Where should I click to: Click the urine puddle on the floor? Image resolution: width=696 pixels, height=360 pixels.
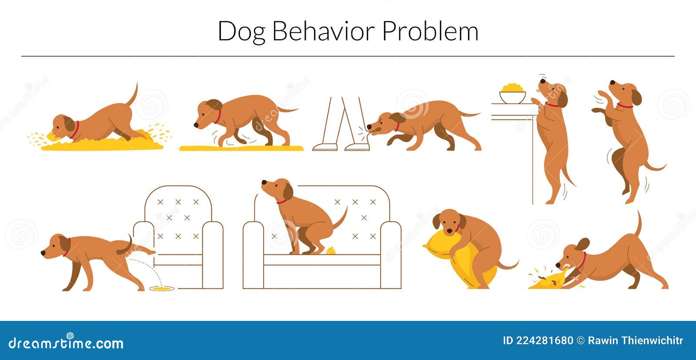pos(161,288)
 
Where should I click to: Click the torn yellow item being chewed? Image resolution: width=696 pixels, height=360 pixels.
pos(549,280)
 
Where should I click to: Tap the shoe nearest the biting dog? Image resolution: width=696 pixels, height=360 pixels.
pos(358,147)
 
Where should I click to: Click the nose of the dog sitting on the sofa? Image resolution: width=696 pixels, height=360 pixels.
pos(263,183)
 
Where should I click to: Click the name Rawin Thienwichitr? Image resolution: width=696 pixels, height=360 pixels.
pos(635,340)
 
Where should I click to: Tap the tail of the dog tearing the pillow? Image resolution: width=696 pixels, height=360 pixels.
pos(639,224)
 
